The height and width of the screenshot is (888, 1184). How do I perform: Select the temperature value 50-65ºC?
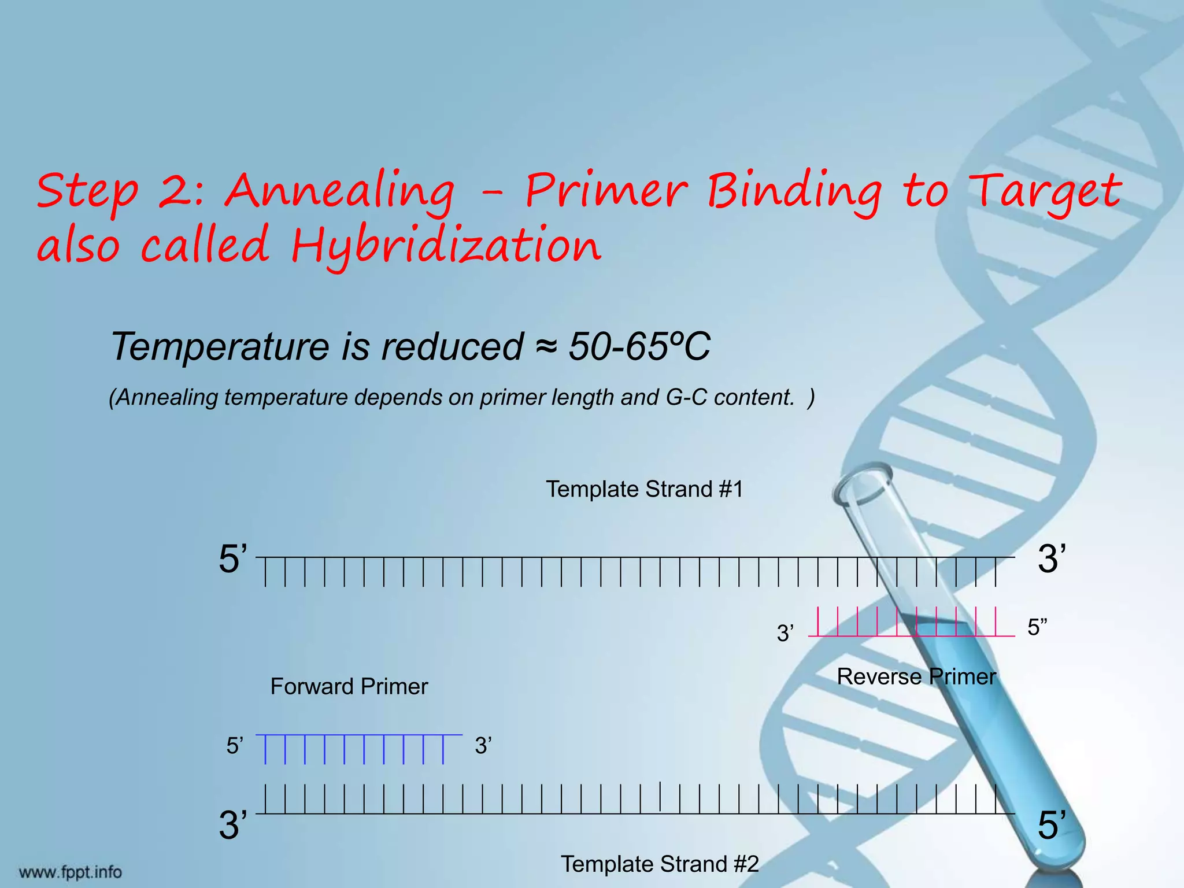click(639, 346)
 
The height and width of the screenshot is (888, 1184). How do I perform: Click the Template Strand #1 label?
click(644, 489)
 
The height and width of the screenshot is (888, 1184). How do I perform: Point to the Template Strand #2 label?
click(660, 864)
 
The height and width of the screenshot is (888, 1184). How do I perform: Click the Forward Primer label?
click(349, 686)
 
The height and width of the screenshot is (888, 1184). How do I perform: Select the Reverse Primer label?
click(916, 676)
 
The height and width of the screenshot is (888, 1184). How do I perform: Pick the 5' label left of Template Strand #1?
click(233, 559)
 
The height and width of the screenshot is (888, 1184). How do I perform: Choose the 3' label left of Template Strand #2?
click(233, 825)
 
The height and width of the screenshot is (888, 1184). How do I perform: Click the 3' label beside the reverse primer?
click(785, 634)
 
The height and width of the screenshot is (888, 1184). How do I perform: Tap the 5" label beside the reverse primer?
click(1037, 627)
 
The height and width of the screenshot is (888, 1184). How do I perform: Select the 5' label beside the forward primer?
click(235, 746)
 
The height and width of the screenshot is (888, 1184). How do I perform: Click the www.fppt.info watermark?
click(71, 872)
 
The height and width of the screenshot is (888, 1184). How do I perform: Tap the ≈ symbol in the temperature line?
click(546, 347)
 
